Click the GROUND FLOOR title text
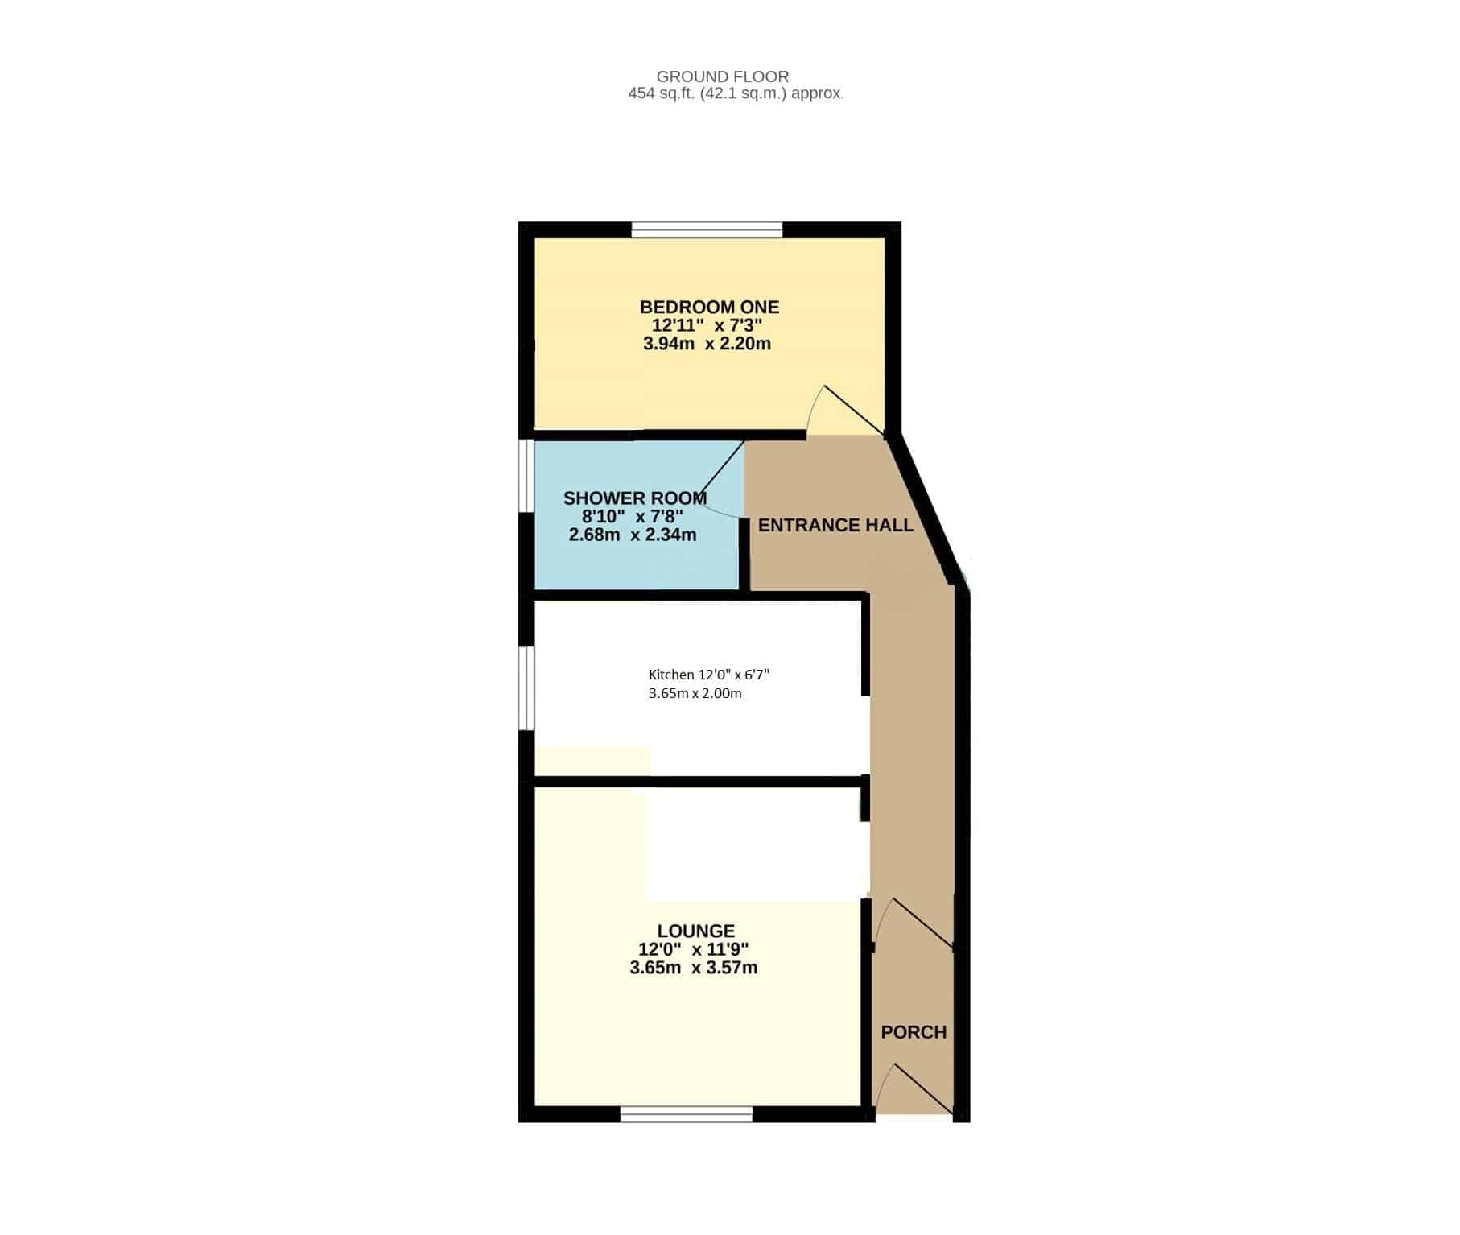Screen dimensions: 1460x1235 723,76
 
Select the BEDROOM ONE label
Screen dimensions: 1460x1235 709,307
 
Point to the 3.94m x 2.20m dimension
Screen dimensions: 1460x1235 707,344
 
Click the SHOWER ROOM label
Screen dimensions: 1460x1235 635,498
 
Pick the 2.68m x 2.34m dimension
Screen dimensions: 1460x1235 633,535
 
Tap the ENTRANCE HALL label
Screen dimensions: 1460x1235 835,525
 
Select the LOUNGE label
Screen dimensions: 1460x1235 695,931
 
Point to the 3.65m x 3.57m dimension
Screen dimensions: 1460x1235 694,968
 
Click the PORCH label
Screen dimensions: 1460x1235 914,1032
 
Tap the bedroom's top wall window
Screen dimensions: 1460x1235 707,230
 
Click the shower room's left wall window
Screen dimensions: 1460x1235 526,475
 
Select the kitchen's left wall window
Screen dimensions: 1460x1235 526,688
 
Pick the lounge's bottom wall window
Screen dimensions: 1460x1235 687,1114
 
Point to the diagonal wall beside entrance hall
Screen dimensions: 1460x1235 925,510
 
